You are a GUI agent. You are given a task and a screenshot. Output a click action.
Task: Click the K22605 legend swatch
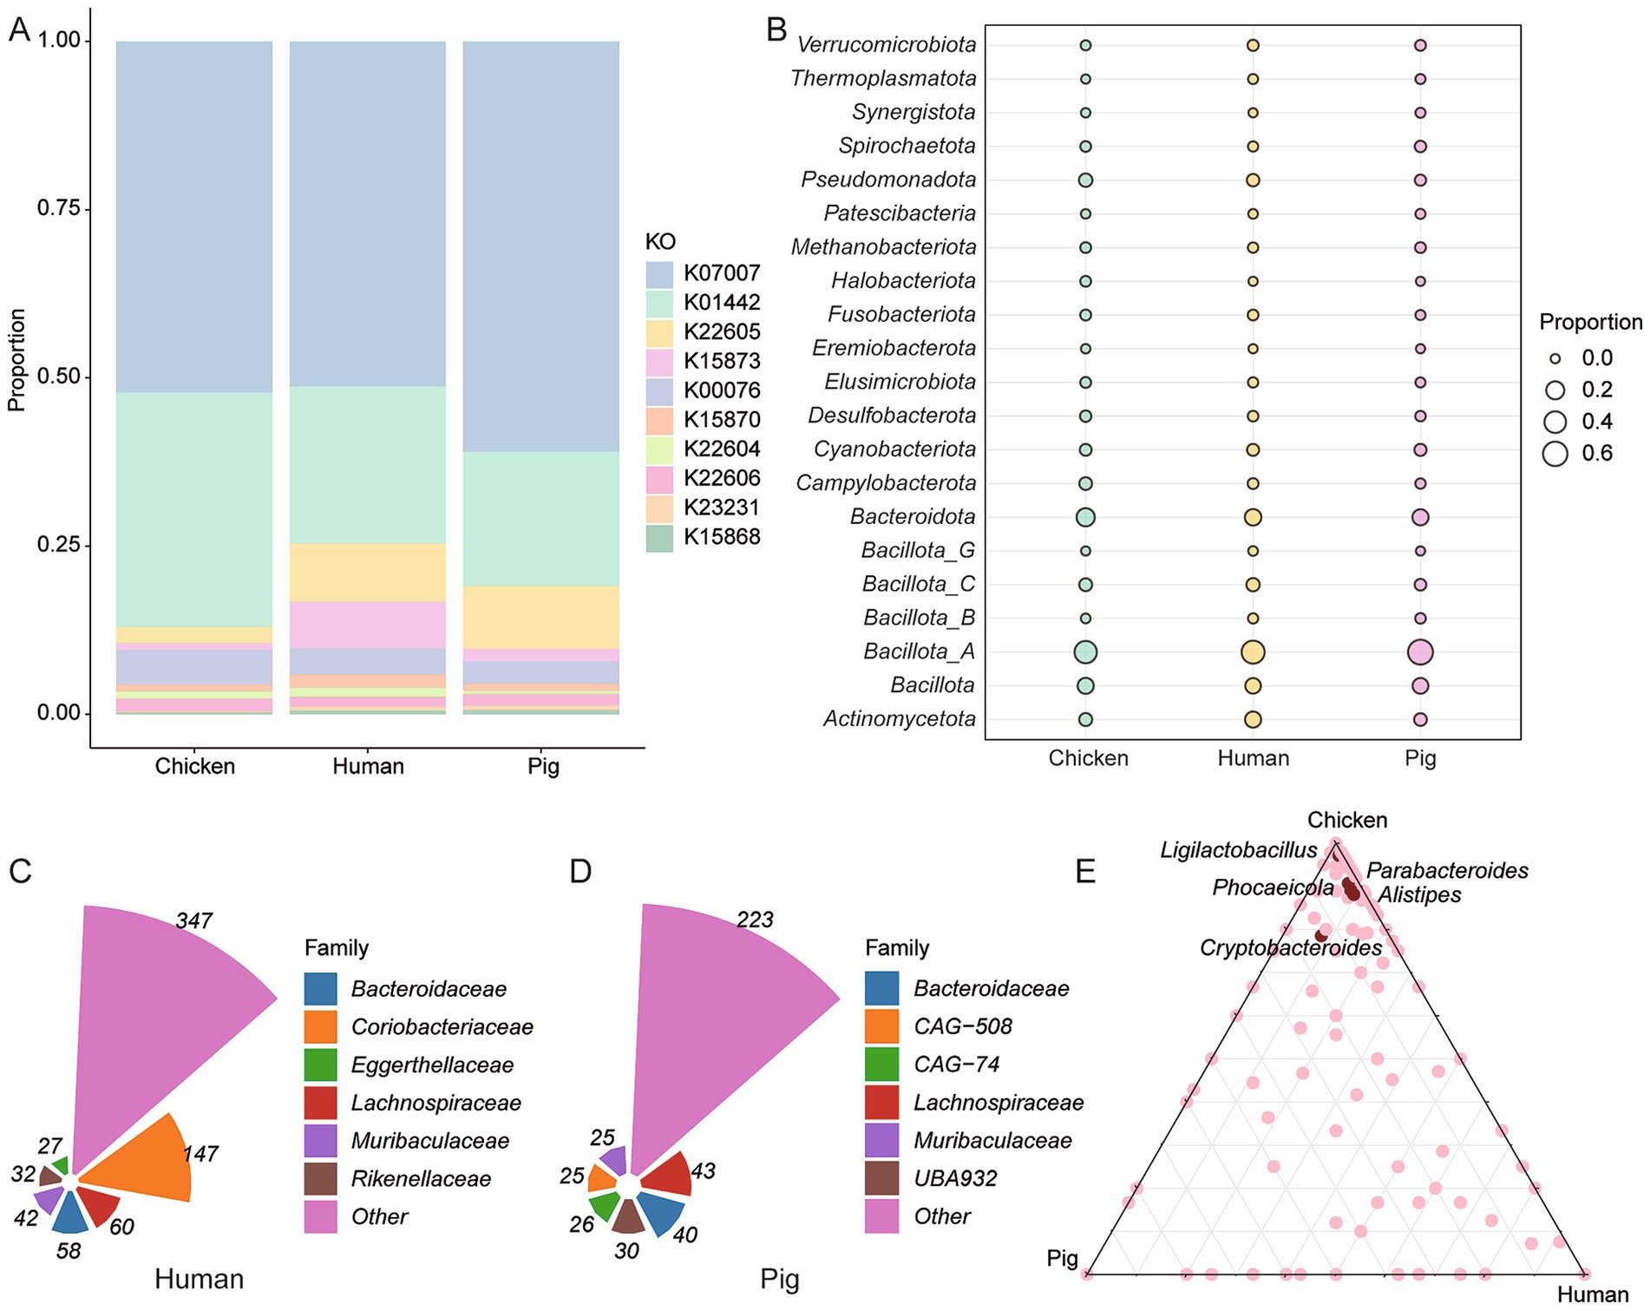click(x=660, y=332)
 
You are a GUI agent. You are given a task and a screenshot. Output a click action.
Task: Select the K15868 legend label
click(x=721, y=537)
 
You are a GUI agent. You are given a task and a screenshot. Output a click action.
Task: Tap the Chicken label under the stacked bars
click(x=194, y=767)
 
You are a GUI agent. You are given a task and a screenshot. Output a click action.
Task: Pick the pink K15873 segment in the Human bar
click(x=367, y=625)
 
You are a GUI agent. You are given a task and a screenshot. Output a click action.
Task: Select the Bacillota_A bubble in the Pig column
click(x=1419, y=652)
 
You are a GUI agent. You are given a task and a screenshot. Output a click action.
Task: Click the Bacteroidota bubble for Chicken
click(x=1084, y=518)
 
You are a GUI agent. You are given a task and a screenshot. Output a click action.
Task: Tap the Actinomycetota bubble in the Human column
click(x=1252, y=719)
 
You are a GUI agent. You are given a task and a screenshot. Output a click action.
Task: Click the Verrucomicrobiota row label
click(x=886, y=45)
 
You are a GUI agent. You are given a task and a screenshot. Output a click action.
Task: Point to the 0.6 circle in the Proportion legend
click(x=1555, y=454)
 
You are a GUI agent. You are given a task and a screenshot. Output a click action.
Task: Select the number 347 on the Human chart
click(x=193, y=920)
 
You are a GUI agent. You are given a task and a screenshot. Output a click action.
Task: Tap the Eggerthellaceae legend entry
click(x=432, y=1065)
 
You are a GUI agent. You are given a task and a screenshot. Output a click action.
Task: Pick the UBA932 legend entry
click(x=955, y=1179)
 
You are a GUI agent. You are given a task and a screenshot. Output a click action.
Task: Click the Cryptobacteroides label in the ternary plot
click(x=1290, y=948)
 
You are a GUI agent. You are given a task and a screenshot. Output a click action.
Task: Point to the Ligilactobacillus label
click(x=1238, y=851)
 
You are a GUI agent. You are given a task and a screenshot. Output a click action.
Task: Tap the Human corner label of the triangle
click(x=1592, y=1295)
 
